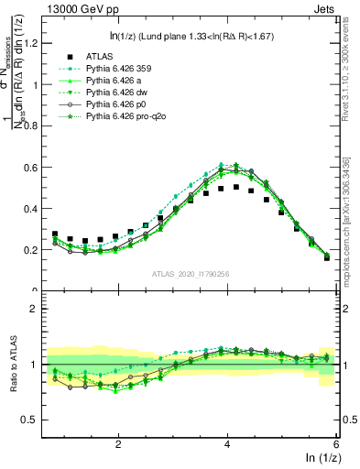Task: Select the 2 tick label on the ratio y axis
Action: (x=37, y=309)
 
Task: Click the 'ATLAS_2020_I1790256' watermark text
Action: (x=191, y=274)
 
